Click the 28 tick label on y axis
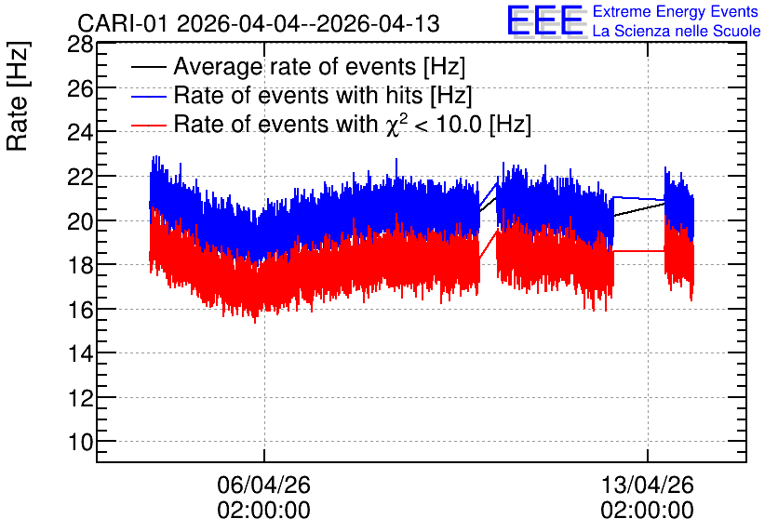point(80,46)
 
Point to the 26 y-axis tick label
point(80,89)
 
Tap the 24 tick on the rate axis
point(80,133)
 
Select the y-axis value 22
point(80,177)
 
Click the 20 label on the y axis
point(80,221)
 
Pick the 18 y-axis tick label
point(80,265)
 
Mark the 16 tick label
point(80,310)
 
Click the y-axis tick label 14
point(80,353)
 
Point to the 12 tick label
point(80,398)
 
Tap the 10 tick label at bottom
point(80,442)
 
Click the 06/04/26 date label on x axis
point(263,485)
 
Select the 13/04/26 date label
point(647,485)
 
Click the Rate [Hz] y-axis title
point(18,96)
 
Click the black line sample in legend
point(148,67)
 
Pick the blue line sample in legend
point(148,96)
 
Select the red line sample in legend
point(148,125)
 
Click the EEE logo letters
point(545,20)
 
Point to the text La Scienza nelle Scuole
point(677,31)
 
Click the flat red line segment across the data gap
point(639,251)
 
